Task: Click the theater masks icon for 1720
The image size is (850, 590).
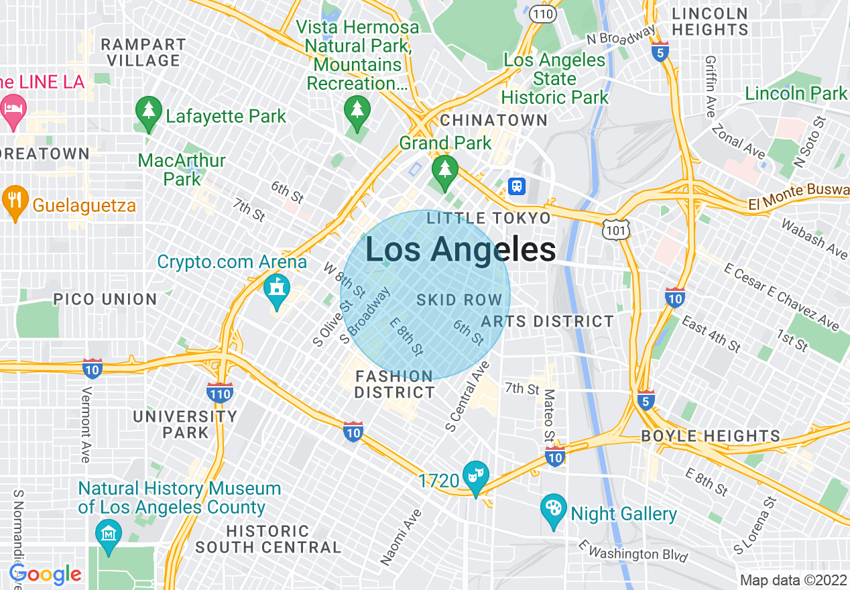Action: point(476,477)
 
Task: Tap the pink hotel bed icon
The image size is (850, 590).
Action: point(13,110)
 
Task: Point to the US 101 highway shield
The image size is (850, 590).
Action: point(615,229)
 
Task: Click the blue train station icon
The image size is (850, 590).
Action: point(516,186)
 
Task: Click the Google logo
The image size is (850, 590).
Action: point(45,574)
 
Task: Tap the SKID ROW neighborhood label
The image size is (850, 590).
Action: point(459,300)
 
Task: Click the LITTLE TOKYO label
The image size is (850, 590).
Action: point(489,218)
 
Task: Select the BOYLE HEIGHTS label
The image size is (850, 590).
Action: point(711,436)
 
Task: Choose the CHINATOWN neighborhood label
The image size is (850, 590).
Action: point(493,121)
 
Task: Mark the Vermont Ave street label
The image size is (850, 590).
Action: point(86,424)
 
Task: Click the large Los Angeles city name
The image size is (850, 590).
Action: point(461,250)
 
